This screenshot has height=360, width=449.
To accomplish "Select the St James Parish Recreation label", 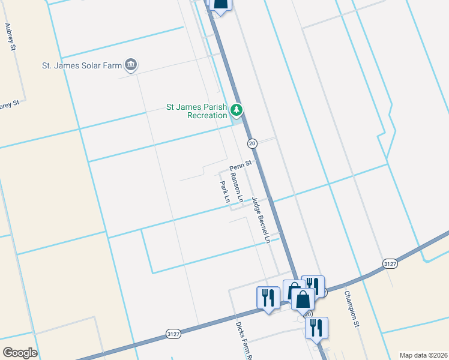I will tap(196, 112).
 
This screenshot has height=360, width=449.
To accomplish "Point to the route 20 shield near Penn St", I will tap(252, 143).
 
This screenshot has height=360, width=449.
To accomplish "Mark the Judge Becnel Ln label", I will tap(261, 220).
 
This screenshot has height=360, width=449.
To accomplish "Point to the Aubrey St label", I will tap(9, 37).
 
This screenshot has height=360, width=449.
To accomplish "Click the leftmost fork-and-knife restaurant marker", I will tap(268, 298).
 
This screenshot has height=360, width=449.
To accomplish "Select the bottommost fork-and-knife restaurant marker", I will tap(316, 328).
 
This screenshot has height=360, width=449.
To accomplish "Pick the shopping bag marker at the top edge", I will tap(220, 4).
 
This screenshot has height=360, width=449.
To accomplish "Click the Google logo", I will tap(20, 353).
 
